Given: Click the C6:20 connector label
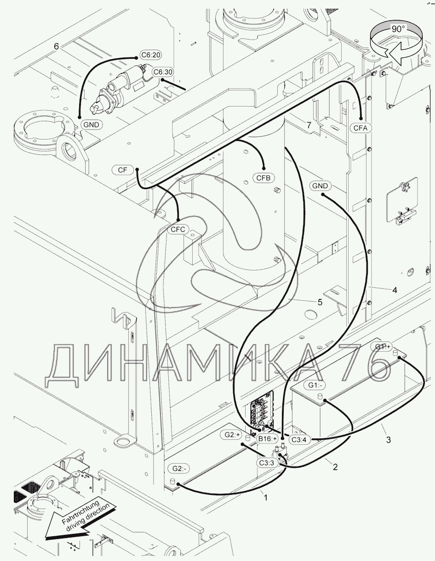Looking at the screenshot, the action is tap(151, 55).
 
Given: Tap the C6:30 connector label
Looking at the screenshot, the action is tap(163, 72).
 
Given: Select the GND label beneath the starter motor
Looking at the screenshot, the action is tap(92, 125).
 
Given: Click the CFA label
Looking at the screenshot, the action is tap(361, 128).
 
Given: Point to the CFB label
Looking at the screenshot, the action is tap(263, 178).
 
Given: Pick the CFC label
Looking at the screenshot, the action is tap(178, 229).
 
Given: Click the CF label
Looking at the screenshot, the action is tap(122, 170).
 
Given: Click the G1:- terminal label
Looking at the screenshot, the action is tap(315, 393).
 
